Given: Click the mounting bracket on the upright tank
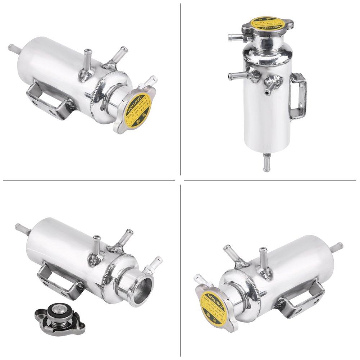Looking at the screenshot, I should (x=299, y=94).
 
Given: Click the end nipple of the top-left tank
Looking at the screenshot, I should (x=14, y=48).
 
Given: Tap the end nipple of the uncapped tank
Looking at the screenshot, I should (x=20, y=227).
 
